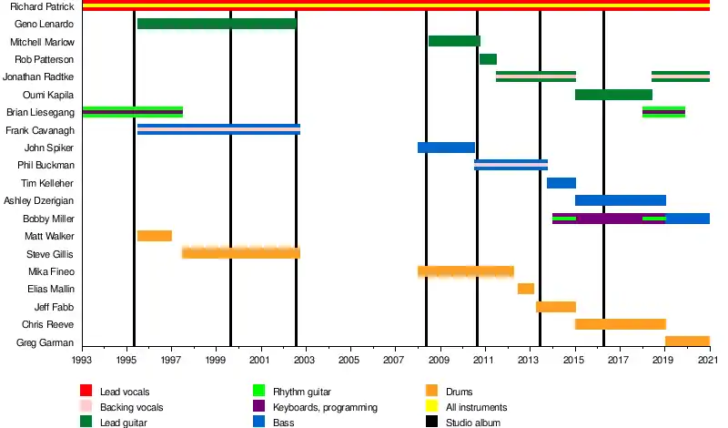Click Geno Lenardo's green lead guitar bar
pos(217,24)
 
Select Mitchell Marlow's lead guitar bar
pos(454,41)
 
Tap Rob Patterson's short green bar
pos(488,59)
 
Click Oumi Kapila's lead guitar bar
pos(613,95)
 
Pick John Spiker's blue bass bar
pos(446,148)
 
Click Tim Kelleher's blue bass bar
pos(561,183)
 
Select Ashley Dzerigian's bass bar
pos(620,200)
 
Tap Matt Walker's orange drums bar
pos(155,236)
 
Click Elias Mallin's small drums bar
pos(525,289)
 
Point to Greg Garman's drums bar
pos(687,341)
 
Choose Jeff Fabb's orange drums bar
pos(555,307)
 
